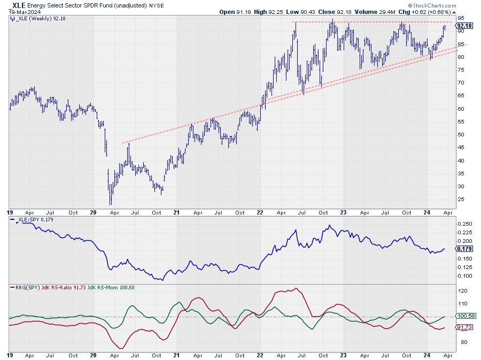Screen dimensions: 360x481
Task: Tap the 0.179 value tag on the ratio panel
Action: (464, 249)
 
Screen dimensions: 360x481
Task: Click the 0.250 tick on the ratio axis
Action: (465, 224)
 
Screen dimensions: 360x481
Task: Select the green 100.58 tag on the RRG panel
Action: (466, 317)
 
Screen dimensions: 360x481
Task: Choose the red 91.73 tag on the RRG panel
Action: (464, 327)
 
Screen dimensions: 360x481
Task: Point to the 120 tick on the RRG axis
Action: (463, 291)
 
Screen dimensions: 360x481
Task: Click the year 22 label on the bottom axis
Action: (260, 212)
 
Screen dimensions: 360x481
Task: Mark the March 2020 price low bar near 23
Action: (111, 202)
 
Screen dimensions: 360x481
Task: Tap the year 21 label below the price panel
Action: (176, 212)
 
